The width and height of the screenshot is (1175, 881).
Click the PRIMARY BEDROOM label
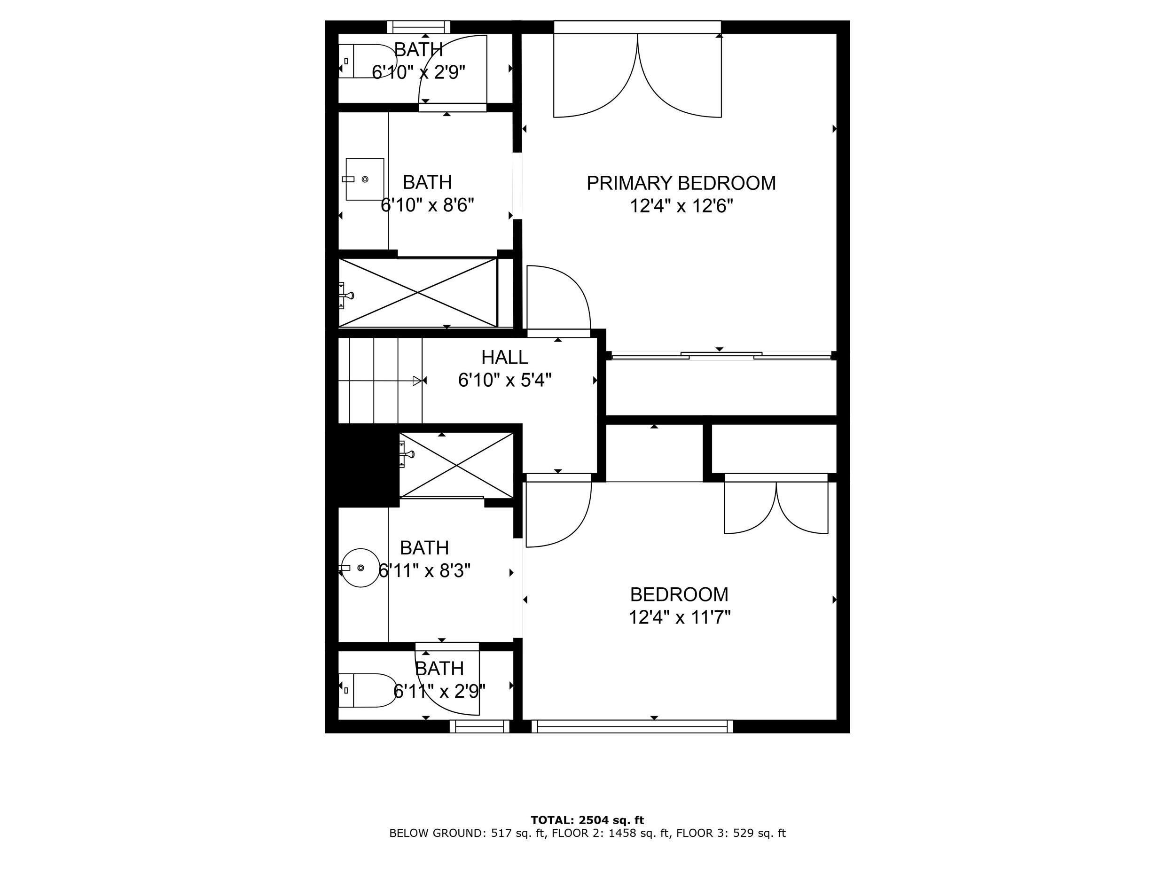click(x=681, y=183)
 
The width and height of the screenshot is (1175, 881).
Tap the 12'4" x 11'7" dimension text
click(x=680, y=617)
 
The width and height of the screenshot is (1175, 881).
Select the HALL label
click(x=505, y=358)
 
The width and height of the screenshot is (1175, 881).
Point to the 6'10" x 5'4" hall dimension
click(x=505, y=380)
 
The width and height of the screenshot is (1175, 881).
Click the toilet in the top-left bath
click(x=367, y=61)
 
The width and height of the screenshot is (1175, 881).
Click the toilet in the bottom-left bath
click(x=368, y=690)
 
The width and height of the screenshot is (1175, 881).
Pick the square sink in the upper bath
click(x=364, y=179)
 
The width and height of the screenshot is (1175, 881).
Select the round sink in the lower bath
click(x=360, y=568)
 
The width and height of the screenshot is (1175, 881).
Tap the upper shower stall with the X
click(x=417, y=293)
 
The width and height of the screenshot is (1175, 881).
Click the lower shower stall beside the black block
click(x=456, y=466)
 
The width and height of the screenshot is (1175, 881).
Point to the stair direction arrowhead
click(x=417, y=381)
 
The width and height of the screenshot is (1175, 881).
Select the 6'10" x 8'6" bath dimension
click(x=427, y=205)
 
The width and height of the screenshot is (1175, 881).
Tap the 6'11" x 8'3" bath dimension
click(x=424, y=570)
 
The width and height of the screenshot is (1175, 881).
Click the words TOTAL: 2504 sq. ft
click(x=587, y=820)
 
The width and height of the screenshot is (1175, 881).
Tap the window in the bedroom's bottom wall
click(x=632, y=726)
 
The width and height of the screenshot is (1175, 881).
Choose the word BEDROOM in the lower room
click(x=679, y=594)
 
